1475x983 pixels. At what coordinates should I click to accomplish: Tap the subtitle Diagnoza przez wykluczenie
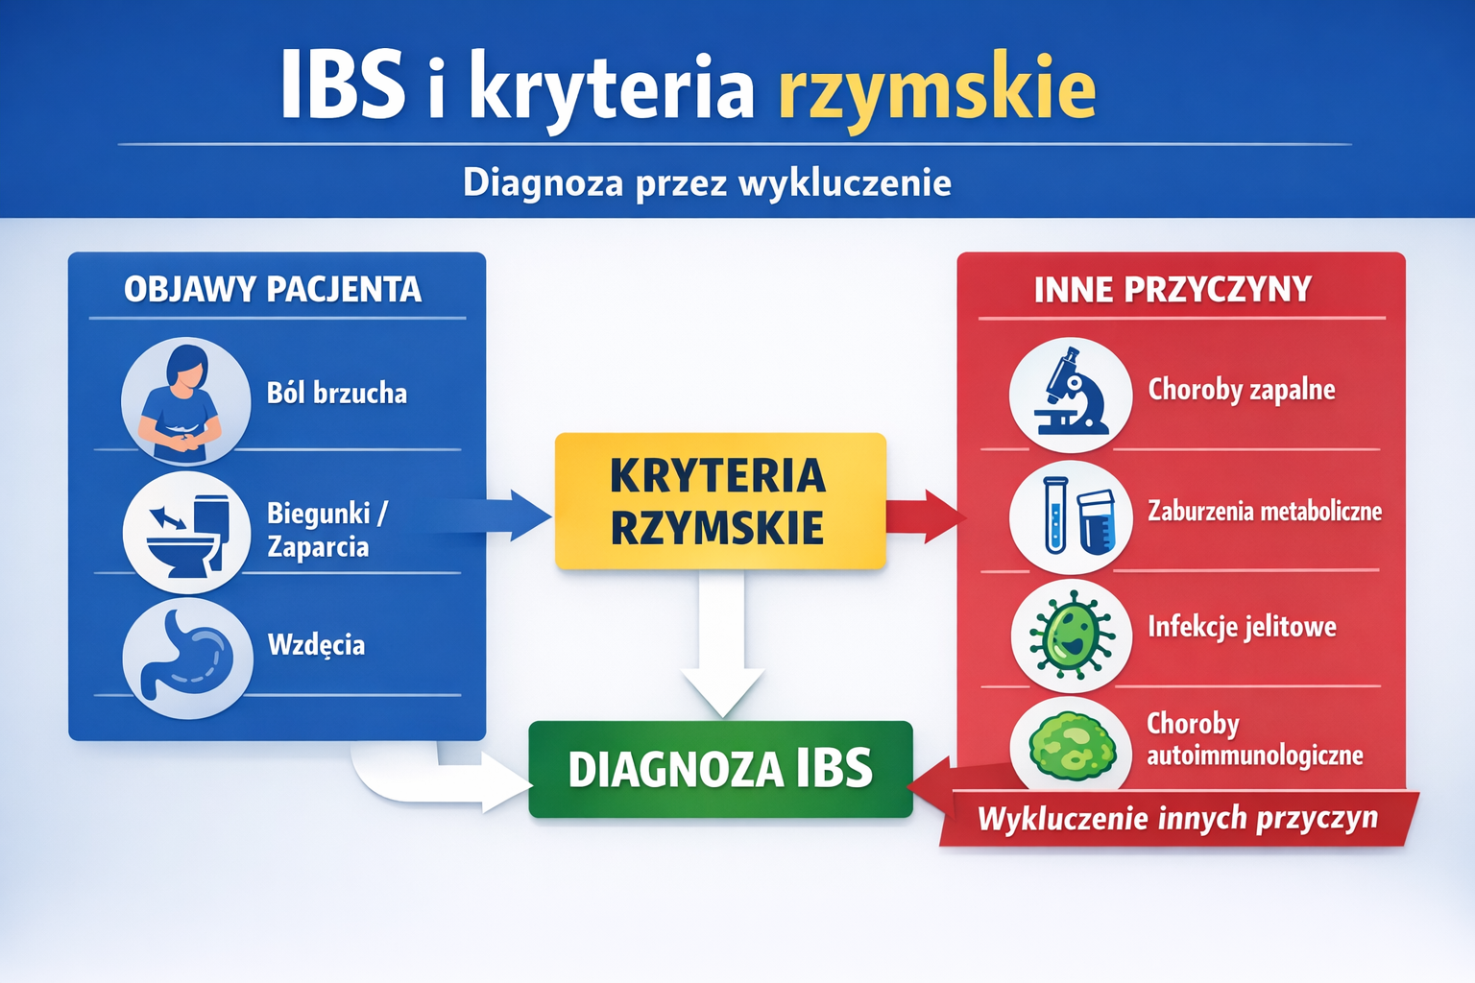[707, 182]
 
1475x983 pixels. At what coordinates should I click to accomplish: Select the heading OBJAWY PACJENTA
[273, 290]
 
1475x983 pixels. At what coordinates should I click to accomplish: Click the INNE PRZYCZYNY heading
[1173, 290]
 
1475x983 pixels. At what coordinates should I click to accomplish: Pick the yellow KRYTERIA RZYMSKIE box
[720, 501]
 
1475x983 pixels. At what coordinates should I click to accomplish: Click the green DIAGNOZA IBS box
[720, 769]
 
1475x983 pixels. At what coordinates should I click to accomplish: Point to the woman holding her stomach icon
[186, 401]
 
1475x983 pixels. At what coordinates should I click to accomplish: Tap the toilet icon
[187, 532]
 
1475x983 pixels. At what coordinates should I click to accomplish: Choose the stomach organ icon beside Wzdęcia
[187, 657]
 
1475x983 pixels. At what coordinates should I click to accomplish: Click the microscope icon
[1071, 396]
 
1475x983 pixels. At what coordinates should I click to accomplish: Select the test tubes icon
[1071, 516]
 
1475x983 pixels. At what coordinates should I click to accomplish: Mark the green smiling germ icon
[1071, 635]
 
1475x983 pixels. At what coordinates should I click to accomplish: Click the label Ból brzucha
[336, 393]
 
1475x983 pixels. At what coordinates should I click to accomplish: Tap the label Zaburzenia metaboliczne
[1265, 511]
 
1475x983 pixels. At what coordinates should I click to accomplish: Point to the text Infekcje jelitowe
[1242, 626]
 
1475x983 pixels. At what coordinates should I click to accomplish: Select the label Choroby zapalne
[1242, 389]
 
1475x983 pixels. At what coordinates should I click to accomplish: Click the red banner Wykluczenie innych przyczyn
[1177, 819]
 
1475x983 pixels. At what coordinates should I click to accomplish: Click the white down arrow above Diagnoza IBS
[722, 644]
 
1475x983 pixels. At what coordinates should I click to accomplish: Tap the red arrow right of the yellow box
[926, 516]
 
